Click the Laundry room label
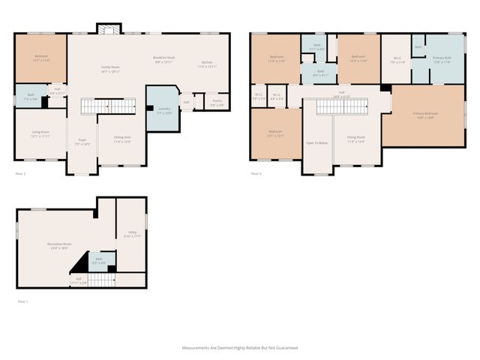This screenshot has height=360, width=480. click(x=164, y=109)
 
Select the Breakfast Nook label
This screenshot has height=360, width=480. click(x=165, y=60)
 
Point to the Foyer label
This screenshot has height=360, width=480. click(x=82, y=142)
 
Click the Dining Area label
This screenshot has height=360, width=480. click(x=121, y=139)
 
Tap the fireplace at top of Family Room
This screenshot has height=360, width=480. click(x=108, y=29)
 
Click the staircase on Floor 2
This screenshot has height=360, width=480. click(x=97, y=106)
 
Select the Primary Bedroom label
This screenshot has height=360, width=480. click(x=425, y=115)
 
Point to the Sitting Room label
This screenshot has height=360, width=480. click(x=355, y=139)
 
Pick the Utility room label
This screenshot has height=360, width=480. click(x=132, y=234)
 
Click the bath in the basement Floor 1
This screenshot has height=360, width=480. click(x=99, y=261)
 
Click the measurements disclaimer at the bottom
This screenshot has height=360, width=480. click(x=240, y=348)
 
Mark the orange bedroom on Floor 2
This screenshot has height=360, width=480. click(x=40, y=58)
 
